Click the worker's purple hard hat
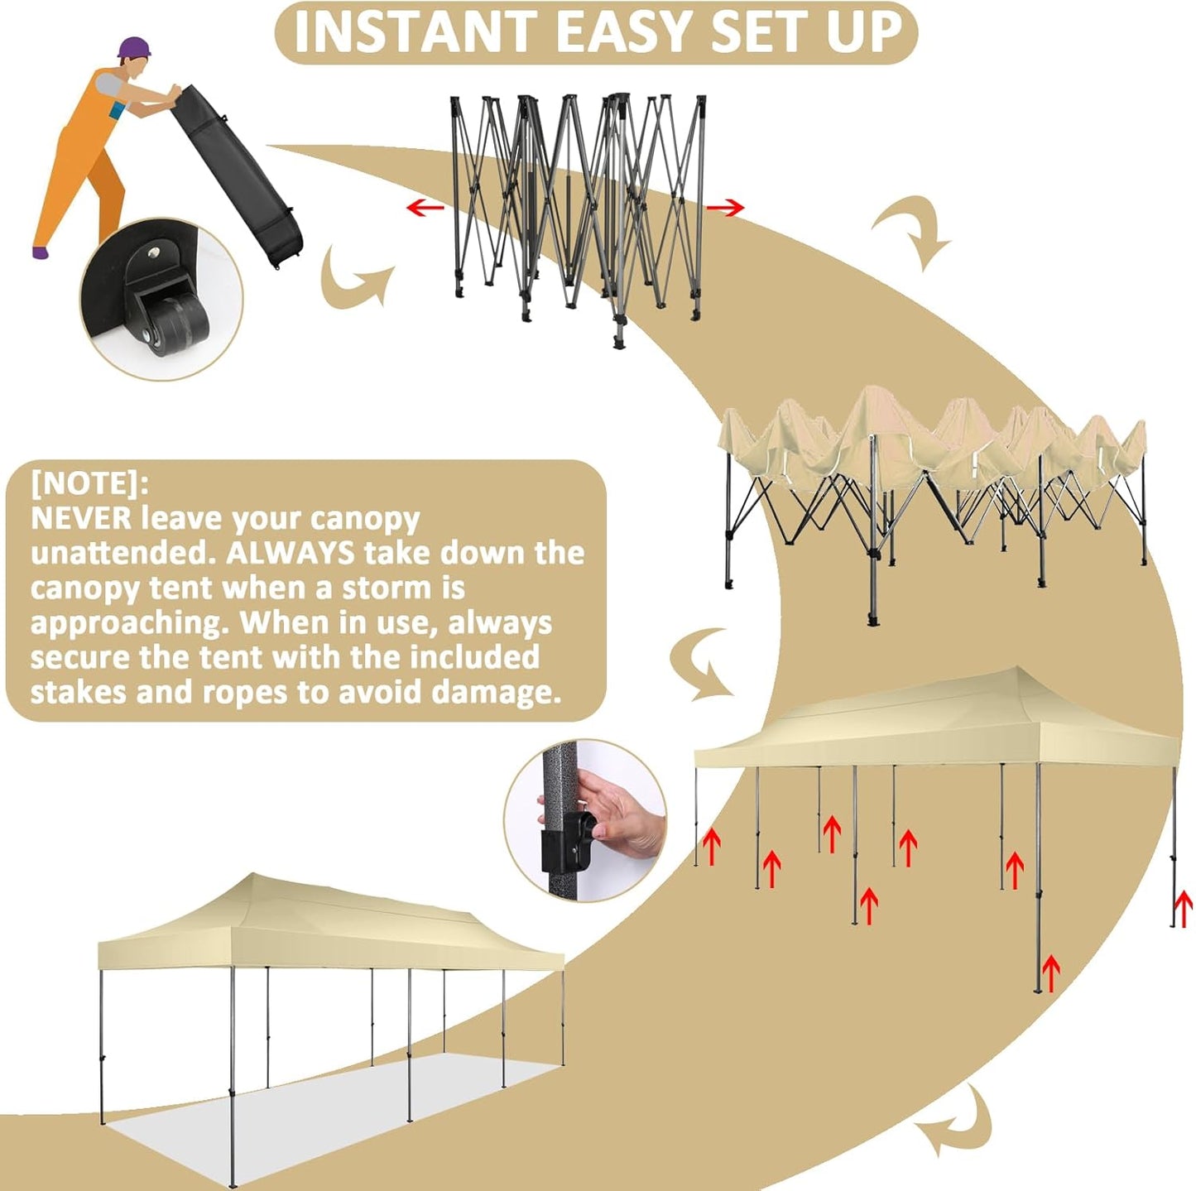[134, 47]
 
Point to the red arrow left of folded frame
[425, 207]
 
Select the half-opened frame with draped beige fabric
[931, 488]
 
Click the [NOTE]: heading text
[90, 483]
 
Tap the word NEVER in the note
[81, 518]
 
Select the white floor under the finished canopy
[331, 1109]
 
